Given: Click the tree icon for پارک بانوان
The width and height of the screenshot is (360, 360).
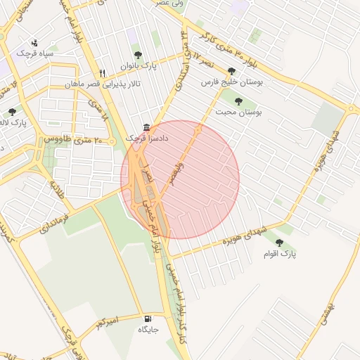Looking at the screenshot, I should tap(137, 54).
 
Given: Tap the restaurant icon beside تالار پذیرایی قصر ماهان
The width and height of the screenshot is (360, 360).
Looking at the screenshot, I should tap(103, 73).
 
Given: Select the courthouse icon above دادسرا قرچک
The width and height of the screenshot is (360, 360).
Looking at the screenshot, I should tap(146, 127).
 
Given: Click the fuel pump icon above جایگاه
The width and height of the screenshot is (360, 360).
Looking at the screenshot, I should tap(146, 318).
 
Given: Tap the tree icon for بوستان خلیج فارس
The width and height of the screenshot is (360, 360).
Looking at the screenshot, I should tap(231, 71).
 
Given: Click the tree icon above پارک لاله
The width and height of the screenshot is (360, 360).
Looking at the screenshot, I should tap(12, 112).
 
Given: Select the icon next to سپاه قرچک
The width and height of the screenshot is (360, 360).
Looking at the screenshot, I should tap(34, 43).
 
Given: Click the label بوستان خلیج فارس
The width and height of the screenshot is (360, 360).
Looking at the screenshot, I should tap(231, 82).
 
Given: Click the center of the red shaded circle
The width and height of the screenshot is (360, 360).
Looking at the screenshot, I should tap(180, 179).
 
